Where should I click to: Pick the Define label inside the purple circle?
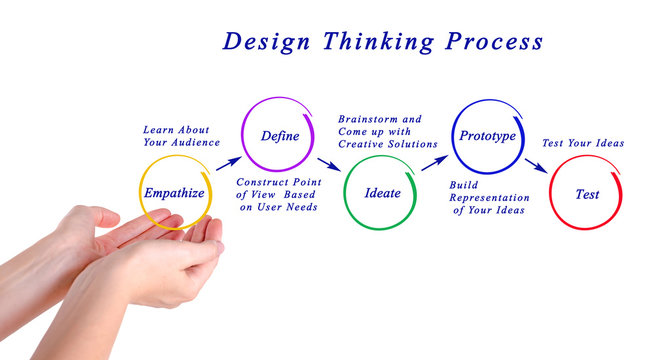pyautogui.click(x=280, y=135)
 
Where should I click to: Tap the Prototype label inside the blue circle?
pyautogui.click(x=487, y=135)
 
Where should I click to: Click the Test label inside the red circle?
pyautogui.click(x=587, y=194)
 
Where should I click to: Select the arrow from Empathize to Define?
pyautogui.click(x=228, y=162)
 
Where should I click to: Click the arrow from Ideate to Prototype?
pyautogui.click(x=434, y=162)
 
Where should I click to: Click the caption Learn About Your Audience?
pyautogui.click(x=181, y=136)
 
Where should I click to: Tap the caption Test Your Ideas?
pyautogui.click(x=583, y=143)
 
